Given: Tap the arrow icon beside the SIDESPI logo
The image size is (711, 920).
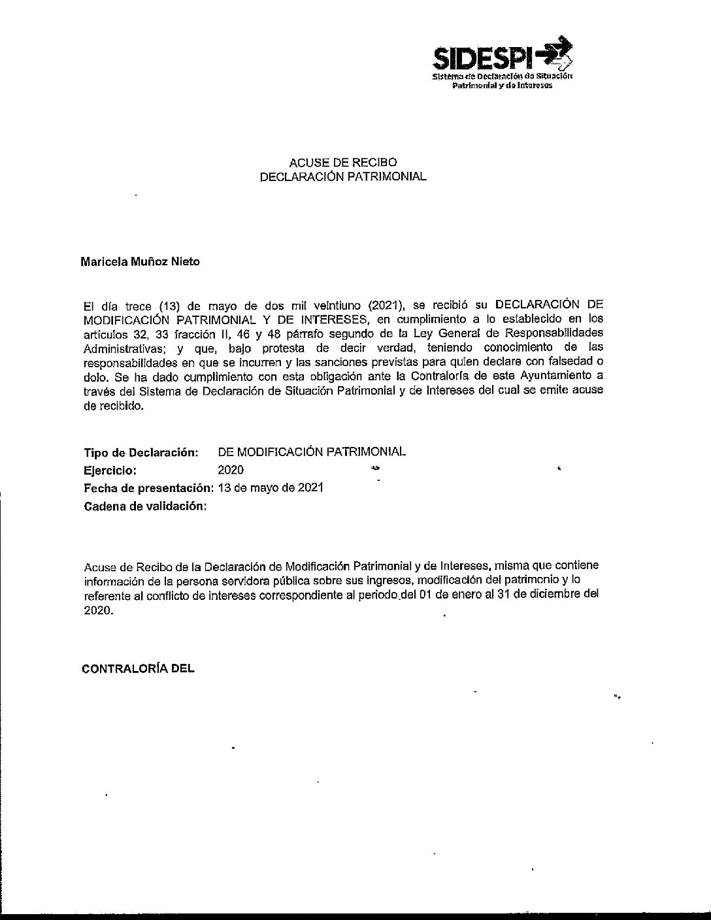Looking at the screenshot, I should pyautogui.click(x=556, y=54).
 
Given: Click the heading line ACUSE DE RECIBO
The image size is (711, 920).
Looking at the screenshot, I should pyautogui.click(x=343, y=163).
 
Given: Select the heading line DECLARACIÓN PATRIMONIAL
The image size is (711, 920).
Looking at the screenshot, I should pyautogui.click(x=343, y=176).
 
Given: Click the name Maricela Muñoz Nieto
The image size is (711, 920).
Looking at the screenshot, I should pyautogui.click(x=140, y=262).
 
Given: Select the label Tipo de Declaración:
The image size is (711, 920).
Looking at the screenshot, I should pyautogui.click(x=141, y=452).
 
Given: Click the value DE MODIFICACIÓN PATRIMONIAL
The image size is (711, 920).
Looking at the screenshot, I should pyautogui.click(x=312, y=452).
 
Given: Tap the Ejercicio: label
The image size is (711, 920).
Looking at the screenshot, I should pyautogui.click(x=110, y=470).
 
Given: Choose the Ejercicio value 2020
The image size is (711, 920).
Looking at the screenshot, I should pyautogui.click(x=231, y=470).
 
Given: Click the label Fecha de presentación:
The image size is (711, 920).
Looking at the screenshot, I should pyautogui.click(x=148, y=488).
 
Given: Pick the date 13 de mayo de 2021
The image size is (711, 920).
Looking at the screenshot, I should pyautogui.click(x=271, y=488).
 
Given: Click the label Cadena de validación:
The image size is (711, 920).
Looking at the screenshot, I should pyautogui.click(x=145, y=506).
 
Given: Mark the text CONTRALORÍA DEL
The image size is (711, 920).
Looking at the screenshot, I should pyautogui.click(x=138, y=669).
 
